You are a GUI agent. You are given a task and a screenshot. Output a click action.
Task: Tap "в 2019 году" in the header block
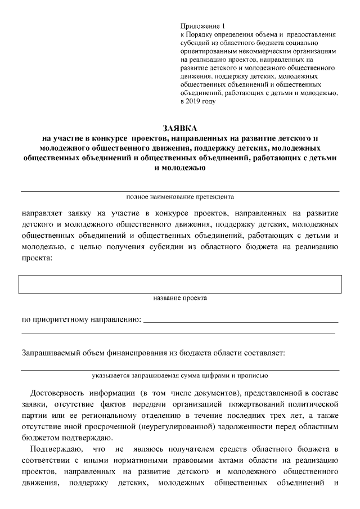click(x=198, y=102)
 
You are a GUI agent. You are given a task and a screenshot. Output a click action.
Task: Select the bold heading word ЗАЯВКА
click(x=180, y=129)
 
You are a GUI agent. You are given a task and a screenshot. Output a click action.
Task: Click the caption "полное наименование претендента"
click(x=179, y=197)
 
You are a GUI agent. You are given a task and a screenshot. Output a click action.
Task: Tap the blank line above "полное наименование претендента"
click(x=180, y=191)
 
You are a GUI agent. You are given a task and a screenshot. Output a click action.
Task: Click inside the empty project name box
click(x=180, y=284)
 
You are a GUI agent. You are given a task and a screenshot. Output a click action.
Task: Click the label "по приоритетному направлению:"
click(x=81, y=320)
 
